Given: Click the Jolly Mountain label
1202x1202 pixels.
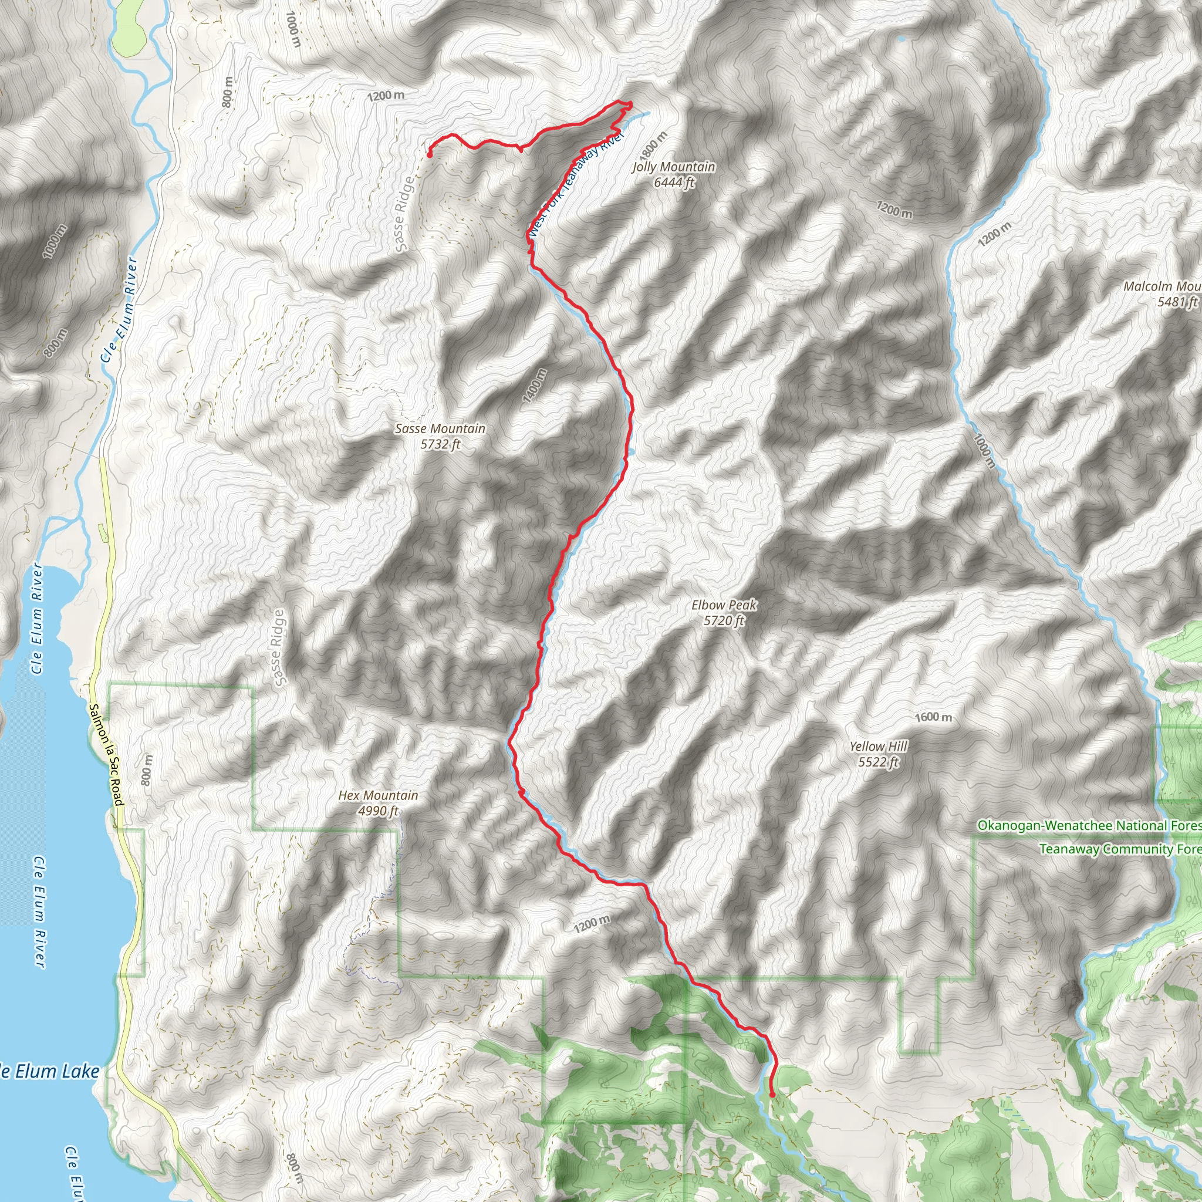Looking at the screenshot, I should coord(674,174).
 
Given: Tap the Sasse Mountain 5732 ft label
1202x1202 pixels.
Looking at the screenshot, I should coord(440,436).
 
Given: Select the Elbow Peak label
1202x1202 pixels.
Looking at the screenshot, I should coord(724,612).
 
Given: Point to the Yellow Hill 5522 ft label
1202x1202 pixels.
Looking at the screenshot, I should coord(879,754).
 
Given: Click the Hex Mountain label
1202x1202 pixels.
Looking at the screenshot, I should coord(377,802).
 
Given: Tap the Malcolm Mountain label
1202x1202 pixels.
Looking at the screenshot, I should coord(1162,293).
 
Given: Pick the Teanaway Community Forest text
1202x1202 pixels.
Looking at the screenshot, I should coord(1120,849).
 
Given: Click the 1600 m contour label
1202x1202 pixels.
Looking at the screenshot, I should coord(933,717).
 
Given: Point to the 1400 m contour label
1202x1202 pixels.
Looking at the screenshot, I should coord(535,385).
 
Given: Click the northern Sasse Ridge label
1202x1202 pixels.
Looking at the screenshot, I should coord(404,214).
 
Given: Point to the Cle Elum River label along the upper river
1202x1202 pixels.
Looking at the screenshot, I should coord(120,309).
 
